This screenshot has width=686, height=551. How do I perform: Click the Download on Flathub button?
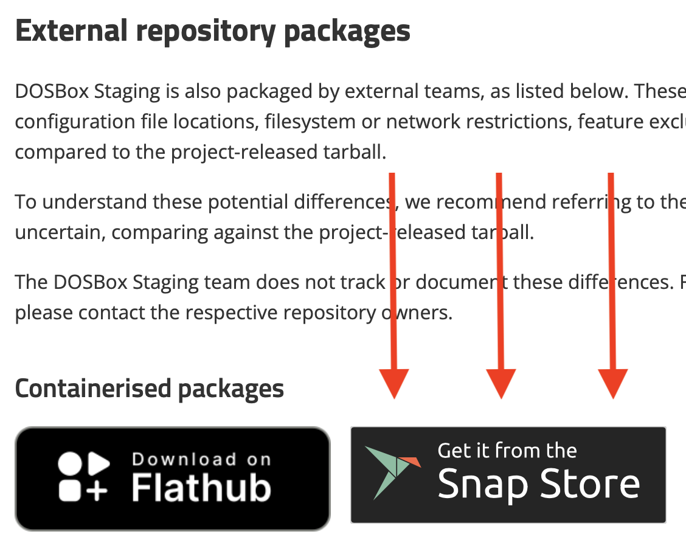[x=172, y=479]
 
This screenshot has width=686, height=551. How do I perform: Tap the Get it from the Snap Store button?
[x=508, y=475]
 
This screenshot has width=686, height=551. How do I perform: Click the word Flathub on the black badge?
[x=201, y=488]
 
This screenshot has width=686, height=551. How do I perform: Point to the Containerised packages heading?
[x=149, y=389]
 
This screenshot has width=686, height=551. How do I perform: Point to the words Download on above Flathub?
[x=201, y=459]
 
